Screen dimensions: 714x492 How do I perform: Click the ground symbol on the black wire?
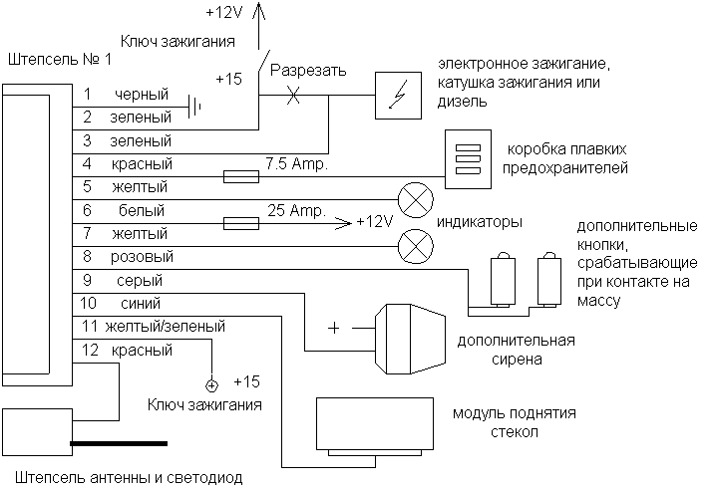[194, 108]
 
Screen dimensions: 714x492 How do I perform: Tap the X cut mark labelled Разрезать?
[293, 96]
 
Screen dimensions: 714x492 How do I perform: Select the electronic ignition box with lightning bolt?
[398, 96]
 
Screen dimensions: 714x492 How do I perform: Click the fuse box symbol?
[468, 159]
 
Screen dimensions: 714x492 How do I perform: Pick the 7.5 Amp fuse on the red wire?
[241, 176]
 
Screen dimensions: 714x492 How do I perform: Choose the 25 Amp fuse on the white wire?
[241, 223]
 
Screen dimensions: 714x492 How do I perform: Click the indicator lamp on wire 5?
[416, 199]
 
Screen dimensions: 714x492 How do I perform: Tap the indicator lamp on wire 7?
[416, 246]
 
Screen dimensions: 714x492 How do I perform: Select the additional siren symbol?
[410, 340]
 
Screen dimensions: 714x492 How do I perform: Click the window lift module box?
[375, 424]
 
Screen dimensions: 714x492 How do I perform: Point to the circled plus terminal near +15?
[211, 385]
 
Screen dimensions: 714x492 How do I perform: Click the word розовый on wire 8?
[142, 257]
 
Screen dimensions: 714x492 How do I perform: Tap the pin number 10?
[88, 303]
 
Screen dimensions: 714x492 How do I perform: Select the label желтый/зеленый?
[166, 327]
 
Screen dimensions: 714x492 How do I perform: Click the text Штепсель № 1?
[60, 59]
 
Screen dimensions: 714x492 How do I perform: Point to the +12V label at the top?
[225, 12]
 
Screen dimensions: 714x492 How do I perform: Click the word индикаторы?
[480, 222]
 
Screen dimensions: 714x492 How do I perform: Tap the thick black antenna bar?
[119, 443]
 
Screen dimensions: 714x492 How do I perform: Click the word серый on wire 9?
[140, 281]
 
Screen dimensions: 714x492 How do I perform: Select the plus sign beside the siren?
[334, 328]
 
